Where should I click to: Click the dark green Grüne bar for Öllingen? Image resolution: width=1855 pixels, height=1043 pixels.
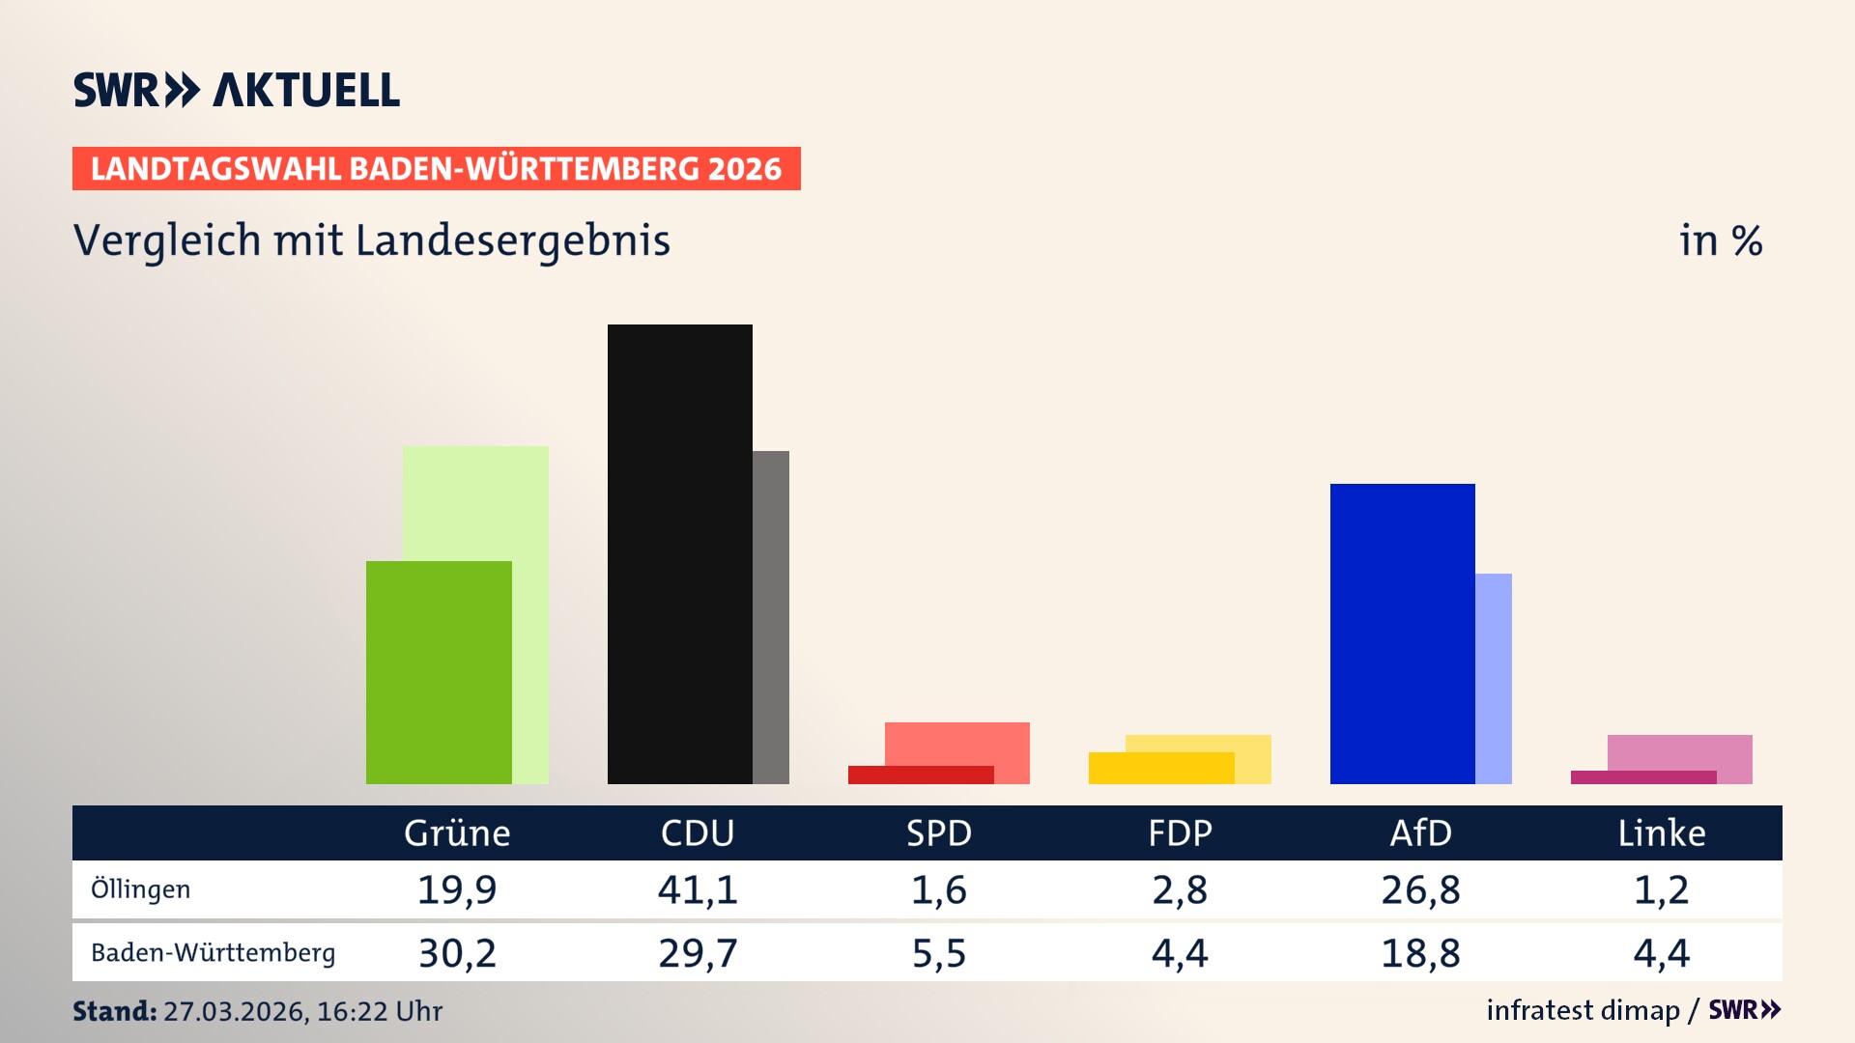(x=439, y=672)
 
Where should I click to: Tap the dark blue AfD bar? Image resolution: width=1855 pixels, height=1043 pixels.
(x=1402, y=634)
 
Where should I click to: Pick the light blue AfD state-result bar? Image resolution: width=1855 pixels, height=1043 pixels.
(x=1494, y=678)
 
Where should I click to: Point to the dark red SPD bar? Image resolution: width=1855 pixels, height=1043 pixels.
(x=920, y=775)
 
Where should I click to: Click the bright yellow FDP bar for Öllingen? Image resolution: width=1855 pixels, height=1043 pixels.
(x=1160, y=768)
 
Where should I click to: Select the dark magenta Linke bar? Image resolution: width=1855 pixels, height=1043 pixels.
(x=1642, y=777)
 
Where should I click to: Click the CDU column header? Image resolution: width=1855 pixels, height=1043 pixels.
(x=698, y=833)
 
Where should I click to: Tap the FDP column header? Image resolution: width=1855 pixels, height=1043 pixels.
(x=1180, y=833)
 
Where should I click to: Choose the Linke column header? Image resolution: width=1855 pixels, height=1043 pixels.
(x=1662, y=833)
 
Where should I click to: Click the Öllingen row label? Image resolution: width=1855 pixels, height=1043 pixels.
(x=140, y=889)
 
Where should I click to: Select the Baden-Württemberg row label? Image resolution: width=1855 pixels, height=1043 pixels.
(x=213, y=953)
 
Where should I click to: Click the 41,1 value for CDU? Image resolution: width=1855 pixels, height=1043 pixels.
(x=698, y=889)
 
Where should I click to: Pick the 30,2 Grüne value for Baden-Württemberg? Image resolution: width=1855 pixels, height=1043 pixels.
(x=457, y=953)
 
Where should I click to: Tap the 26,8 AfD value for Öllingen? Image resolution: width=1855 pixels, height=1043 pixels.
(x=1420, y=889)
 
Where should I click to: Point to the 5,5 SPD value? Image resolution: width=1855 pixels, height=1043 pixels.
(x=939, y=953)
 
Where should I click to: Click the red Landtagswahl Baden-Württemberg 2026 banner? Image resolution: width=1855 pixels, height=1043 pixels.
(x=436, y=169)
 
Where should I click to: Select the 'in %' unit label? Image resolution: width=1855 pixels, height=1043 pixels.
(x=1721, y=241)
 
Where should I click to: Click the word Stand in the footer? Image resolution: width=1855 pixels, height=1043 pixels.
(x=114, y=1011)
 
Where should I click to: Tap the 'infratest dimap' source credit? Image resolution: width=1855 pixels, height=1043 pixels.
(x=1583, y=1010)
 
